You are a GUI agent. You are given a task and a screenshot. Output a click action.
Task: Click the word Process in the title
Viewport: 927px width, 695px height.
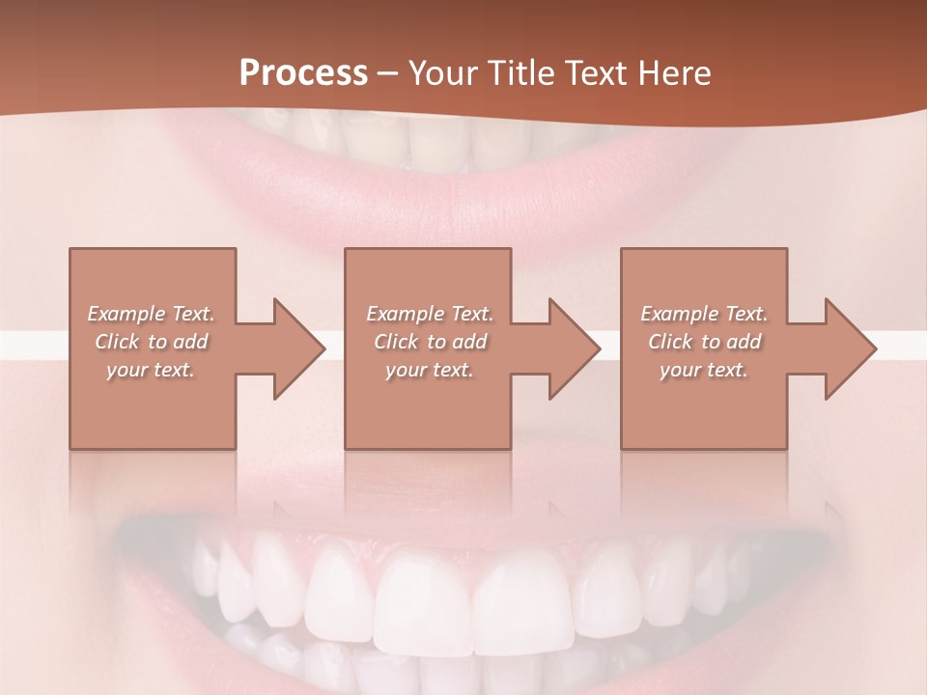tap(303, 73)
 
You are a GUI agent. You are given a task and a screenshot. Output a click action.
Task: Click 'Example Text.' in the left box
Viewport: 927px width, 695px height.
tap(151, 314)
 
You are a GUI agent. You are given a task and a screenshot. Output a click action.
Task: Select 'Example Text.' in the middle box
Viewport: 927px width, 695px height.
tap(430, 314)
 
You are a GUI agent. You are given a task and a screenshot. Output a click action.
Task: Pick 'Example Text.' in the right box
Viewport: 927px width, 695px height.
tap(704, 314)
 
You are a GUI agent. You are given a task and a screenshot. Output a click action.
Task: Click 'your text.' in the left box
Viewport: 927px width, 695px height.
tap(151, 370)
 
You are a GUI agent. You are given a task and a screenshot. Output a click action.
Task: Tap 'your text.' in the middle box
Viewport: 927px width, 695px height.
tap(430, 370)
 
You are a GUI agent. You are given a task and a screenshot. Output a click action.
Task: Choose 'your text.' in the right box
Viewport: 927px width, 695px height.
tap(704, 370)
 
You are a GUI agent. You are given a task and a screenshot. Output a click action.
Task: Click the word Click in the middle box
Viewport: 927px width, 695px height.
tap(396, 342)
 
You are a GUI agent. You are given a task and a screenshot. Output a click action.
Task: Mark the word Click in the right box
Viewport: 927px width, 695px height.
tap(670, 342)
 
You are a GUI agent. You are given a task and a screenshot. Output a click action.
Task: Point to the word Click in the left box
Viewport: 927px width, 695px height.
tap(117, 342)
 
